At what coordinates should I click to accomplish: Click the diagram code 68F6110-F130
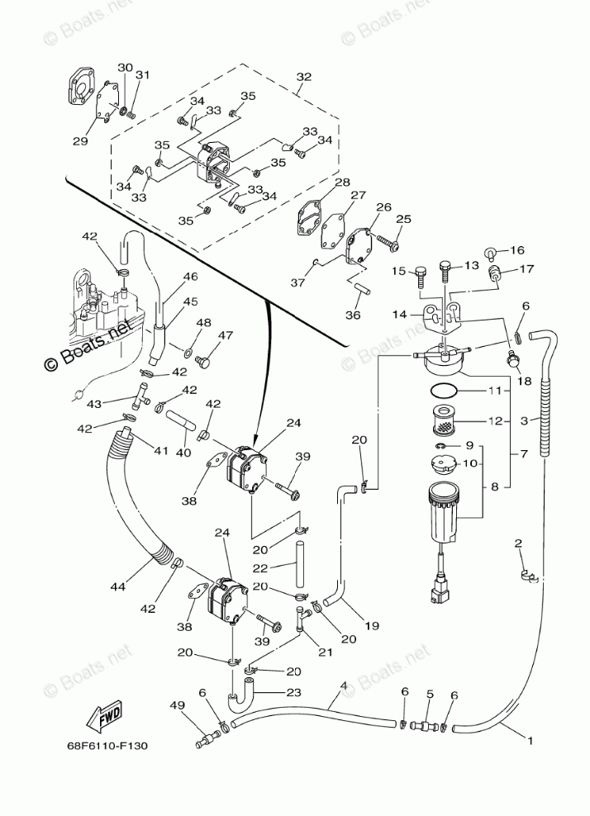pos(107,746)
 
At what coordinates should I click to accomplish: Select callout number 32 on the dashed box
pos(303,77)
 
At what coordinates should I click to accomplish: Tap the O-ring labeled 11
pos(445,391)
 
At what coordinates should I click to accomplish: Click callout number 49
pos(178,705)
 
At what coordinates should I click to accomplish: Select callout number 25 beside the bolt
pos(403,219)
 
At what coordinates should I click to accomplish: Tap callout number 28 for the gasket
pos(342,183)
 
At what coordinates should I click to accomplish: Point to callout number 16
pos(517,250)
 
